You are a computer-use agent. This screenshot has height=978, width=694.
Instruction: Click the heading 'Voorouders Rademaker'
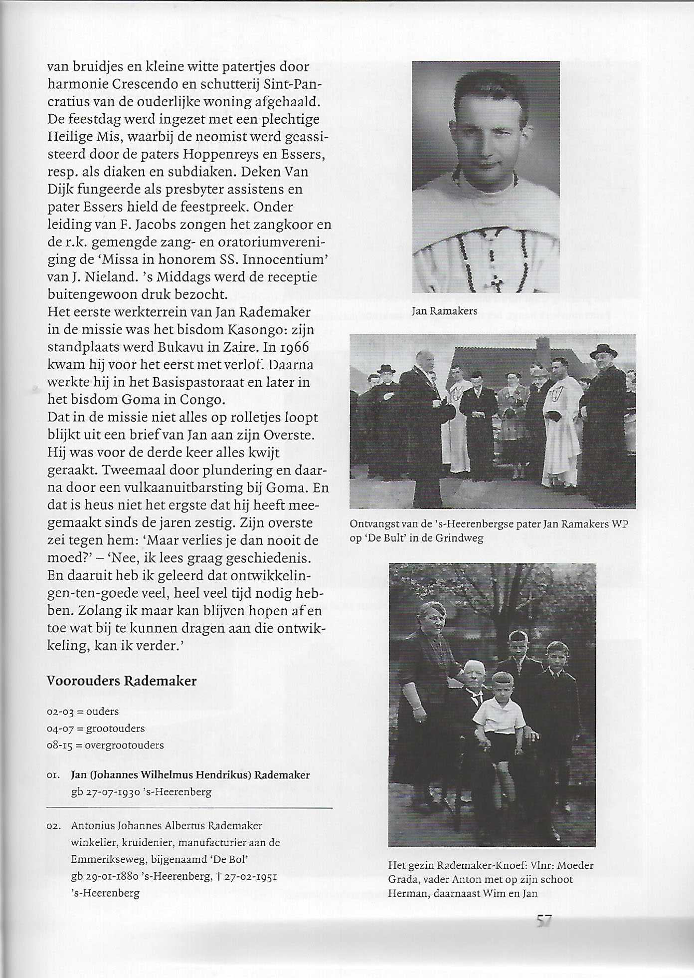tap(121, 681)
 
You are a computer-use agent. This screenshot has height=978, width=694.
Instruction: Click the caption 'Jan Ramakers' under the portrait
tap(444, 311)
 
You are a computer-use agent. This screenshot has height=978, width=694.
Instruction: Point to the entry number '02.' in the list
tap(53, 826)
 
